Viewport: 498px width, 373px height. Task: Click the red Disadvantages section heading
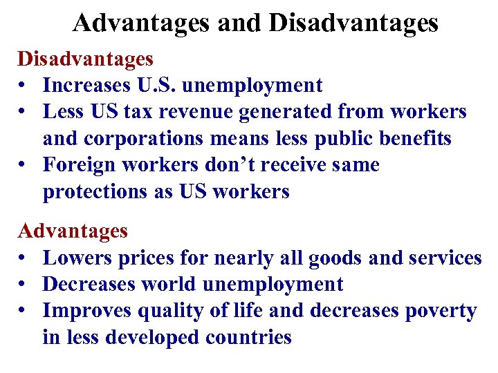click(85, 59)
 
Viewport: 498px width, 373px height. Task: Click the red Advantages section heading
click(73, 230)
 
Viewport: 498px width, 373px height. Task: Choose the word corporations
click(142, 138)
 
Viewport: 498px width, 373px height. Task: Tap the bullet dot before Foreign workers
click(24, 166)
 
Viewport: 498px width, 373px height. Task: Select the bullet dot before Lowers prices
click(24, 258)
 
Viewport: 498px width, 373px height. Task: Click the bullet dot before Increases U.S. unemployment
click(24, 86)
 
